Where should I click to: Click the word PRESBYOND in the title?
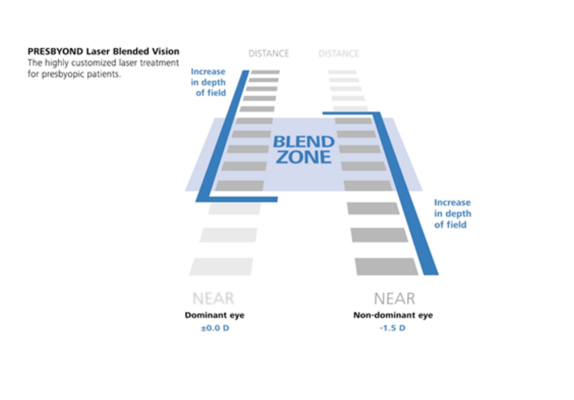[x=55, y=51]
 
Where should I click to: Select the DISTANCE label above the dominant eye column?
[x=268, y=54]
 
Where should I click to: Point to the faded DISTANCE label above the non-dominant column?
[x=338, y=54]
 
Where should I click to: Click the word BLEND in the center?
[x=304, y=142]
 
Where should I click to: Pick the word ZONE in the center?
[x=304, y=157]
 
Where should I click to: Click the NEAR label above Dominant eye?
[x=213, y=299]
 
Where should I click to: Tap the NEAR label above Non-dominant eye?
[x=394, y=299]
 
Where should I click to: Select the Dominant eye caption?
[x=214, y=315]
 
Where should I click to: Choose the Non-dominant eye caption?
[x=393, y=315]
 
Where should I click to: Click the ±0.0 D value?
[x=215, y=328]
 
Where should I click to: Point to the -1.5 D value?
[x=393, y=328]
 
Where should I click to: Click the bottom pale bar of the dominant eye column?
[x=221, y=267]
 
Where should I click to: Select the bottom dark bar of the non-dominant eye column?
[x=386, y=267]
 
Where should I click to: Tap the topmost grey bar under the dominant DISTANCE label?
[x=265, y=72]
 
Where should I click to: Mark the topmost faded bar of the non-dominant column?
[x=342, y=72]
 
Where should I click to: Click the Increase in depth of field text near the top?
[x=208, y=82]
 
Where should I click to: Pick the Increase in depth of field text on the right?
[x=452, y=214]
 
